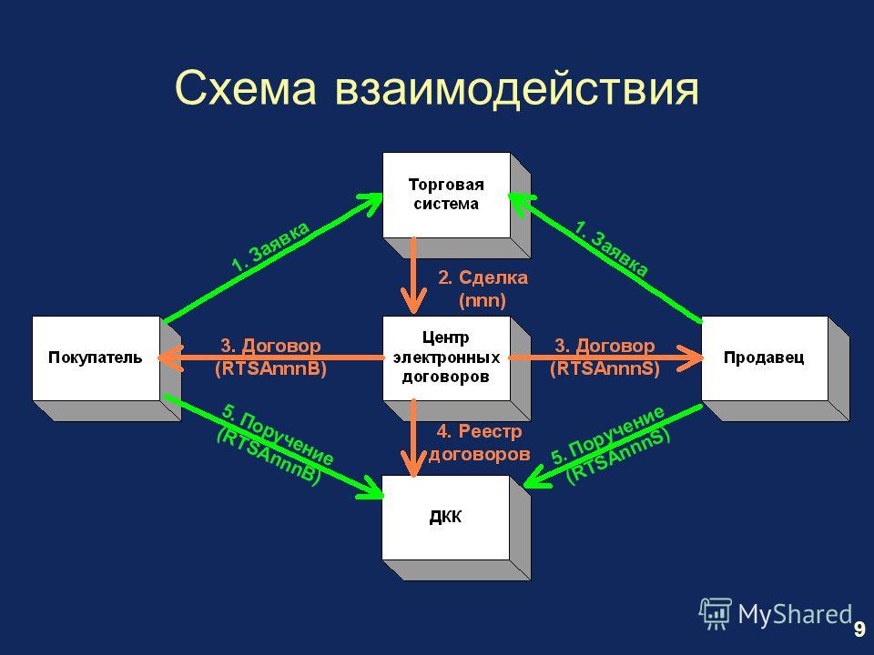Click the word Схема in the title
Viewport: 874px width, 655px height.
point(246,88)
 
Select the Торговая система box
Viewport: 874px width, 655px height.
point(446,195)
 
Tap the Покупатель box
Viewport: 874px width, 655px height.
point(96,358)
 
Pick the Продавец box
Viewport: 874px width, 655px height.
point(765,358)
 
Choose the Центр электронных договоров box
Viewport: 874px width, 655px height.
point(446,358)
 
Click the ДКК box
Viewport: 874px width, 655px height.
point(446,518)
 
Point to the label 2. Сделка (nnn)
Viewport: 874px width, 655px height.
point(483,289)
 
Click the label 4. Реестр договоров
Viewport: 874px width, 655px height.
point(480,443)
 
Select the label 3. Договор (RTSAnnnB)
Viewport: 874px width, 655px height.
point(271,357)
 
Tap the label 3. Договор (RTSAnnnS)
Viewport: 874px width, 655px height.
point(605,357)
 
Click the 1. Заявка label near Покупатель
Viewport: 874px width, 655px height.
point(270,247)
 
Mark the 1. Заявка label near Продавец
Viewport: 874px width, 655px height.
point(612,248)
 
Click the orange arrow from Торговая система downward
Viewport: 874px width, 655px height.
point(413,275)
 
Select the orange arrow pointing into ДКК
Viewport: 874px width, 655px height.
point(413,438)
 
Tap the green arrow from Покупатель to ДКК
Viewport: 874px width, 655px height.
point(273,446)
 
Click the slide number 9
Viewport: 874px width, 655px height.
point(859,629)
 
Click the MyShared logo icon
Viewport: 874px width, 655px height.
point(716,614)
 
